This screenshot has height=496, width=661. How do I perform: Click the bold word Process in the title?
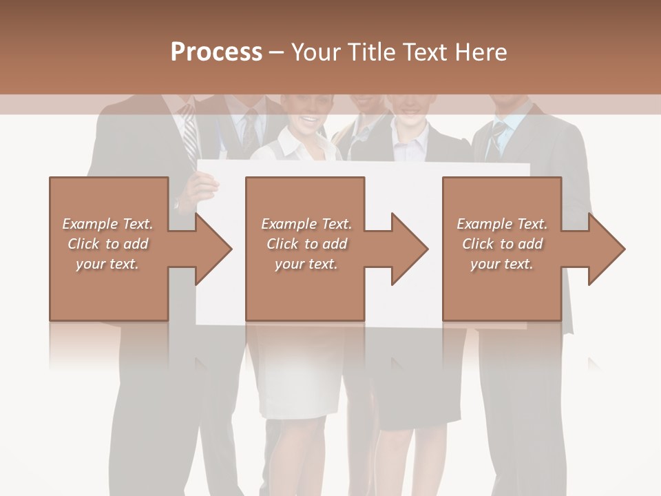(x=216, y=52)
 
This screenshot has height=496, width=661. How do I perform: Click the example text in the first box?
(x=107, y=244)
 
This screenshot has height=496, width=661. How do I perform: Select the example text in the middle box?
(x=306, y=244)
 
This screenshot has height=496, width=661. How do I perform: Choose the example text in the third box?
(x=502, y=244)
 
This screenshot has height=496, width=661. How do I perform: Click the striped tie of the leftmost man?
(x=189, y=134)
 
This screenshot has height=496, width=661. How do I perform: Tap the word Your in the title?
(x=314, y=52)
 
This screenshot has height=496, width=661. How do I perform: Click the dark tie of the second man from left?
(x=249, y=131)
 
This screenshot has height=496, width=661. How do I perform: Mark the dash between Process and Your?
(x=277, y=53)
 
